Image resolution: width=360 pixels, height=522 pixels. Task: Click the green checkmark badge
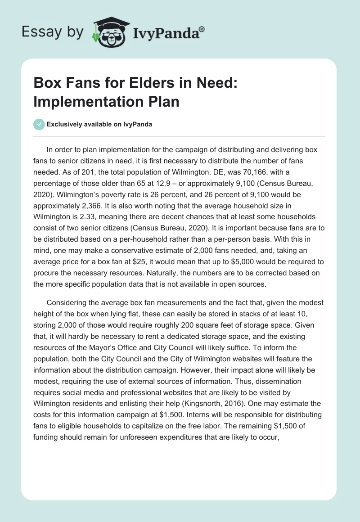40,124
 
